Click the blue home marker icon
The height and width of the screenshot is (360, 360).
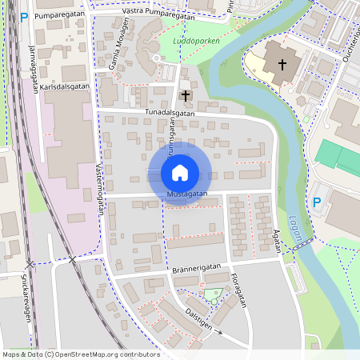click(180, 172)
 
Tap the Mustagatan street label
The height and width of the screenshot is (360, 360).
click(188, 194)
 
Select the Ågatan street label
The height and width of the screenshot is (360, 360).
click(278, 238)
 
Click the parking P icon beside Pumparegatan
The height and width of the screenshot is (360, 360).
click(24, 16)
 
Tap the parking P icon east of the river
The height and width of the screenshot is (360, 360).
click(317, 202)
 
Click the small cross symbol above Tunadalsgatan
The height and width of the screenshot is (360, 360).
click(186, 96)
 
